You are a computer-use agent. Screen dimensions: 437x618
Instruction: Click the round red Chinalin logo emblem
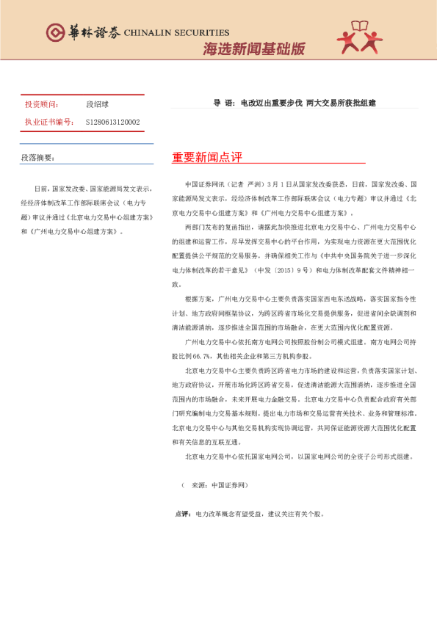55,32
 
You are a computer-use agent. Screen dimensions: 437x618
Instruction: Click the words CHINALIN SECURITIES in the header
177,33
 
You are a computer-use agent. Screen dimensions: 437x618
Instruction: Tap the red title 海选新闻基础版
253,49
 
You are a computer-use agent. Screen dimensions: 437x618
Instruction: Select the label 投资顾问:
41,105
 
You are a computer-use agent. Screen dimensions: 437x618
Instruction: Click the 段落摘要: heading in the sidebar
37,157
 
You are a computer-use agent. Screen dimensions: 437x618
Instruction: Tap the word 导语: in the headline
223,103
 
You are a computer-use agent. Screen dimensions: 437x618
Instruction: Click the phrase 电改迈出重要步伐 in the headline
271,103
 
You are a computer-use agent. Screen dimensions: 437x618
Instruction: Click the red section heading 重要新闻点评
206,158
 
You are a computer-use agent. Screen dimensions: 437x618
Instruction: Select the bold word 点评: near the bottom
181,513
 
